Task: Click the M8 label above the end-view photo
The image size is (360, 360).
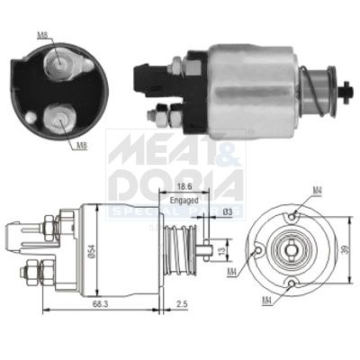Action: pyautogui.click(x=43, y=36)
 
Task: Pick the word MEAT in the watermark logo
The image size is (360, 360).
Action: pyautogui.click(x=143, y=149)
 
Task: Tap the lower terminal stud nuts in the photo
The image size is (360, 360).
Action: pyautogui.click(x=163, y=114)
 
